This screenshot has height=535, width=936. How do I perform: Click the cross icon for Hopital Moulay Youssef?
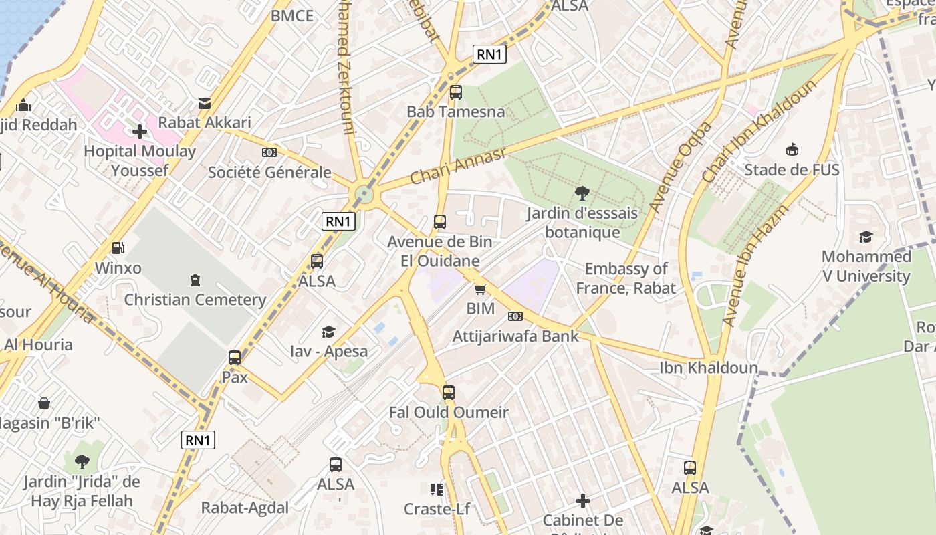pyautogui.click(x=139, y=132)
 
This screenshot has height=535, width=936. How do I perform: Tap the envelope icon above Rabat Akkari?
pyautogui.click(x=204, y=104)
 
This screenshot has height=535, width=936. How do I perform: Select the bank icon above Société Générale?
pyautogui.click(x=269, y=152)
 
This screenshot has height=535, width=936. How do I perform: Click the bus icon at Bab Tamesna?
pyautogui.click(x=455, y=92)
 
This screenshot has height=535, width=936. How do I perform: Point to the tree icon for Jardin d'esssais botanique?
pyautogui.click(x=582, y=193)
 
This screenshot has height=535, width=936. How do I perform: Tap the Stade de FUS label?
pyautogui.click(x=792, y=170)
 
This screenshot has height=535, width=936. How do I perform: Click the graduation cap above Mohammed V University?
pyautogui.click(x=866, y=237)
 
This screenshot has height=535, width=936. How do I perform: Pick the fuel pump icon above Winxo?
pyautogui.click(x=118, y=248)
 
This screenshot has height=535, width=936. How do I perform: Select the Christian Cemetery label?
pyautogui.click(x=195, y=300)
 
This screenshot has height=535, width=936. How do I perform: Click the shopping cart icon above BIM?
pyautogui.click(x=480, y=289)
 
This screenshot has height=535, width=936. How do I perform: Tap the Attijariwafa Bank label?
pyautogui.click(x=515, y=336)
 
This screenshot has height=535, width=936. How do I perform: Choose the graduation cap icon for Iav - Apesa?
pyautogui.click(x=328, y=332)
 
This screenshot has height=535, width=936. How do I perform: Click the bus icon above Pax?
pyautogui.click(x=234, y=357)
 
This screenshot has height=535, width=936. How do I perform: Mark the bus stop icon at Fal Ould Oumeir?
pyautogui.click(x=449, y=393)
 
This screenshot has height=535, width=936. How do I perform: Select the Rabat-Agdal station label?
pyautogui.click(x=245, y=508)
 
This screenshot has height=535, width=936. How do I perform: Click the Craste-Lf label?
pyautogui.click(x=437, y=509)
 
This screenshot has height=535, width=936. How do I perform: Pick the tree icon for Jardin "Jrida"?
pyautogui.click(x=82, y=461)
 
